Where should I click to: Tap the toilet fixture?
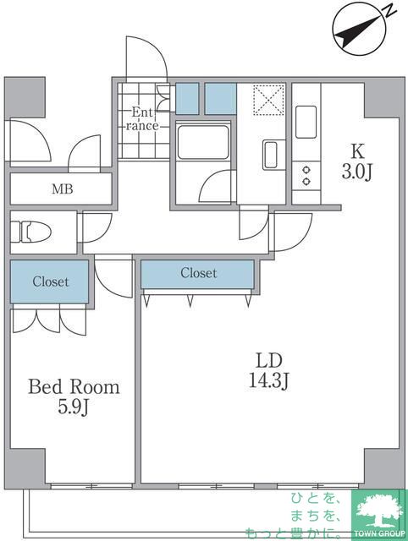(x=30, y=232)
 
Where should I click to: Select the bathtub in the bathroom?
(x=203, y=142)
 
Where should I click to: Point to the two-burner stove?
(x=306, y=175)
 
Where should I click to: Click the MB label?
(x=63, y=189)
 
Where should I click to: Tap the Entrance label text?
(x=142, y=118)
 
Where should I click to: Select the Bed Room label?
(x=74, y=387)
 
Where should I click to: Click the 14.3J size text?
(x=269, y=381)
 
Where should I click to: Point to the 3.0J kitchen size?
(x=356, y=172)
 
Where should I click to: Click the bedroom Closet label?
(x=51, y=281)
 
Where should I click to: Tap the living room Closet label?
(x=199, y=273)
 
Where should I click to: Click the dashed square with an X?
(x=268, y=100)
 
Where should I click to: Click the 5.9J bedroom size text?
(x=74, y=407)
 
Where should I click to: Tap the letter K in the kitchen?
(x=358, y=150)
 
